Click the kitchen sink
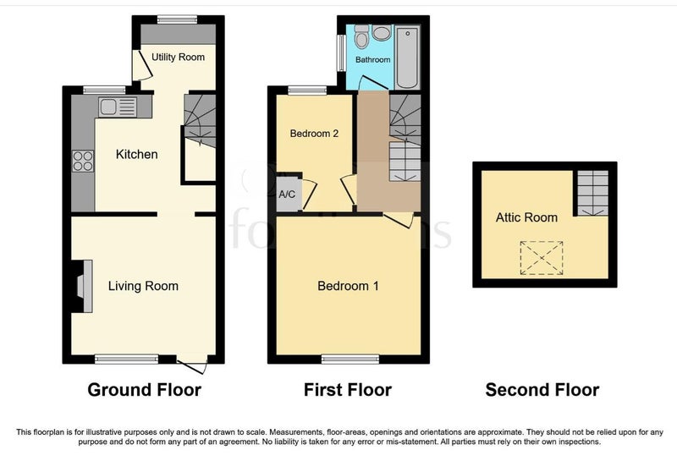[118, 107]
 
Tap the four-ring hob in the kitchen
[83, 161]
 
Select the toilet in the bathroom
[361, 36]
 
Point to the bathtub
[408, 57]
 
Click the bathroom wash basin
[382, 33]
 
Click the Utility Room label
[178, 57]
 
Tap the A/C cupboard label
[287, 195]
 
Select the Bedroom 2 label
[314, 134]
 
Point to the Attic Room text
[526, 217]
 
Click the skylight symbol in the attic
[542, 258]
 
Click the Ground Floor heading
[144, 390]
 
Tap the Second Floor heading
[542, 390]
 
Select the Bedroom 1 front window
[350, 359]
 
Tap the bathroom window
[341, 52]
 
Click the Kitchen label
[136, 154]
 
